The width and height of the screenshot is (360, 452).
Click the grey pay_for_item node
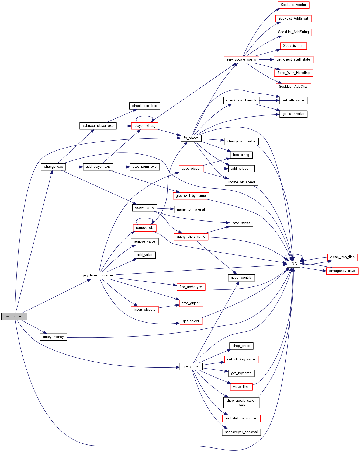point(14,316)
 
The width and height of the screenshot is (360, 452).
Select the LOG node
point(293,264)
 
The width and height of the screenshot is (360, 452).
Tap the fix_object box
point(191,138)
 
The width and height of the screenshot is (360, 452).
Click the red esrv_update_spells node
point(241,59)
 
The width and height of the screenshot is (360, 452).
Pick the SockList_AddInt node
point(293,5)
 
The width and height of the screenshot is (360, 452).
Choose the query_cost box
point(191,366)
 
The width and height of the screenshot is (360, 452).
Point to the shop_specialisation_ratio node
point(241,402)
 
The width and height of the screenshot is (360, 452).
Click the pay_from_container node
point(98,275)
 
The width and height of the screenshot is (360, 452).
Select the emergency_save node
point(342,271)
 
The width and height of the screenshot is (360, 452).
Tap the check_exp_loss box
point(144,106)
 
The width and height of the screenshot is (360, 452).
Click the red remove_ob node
point(144,228)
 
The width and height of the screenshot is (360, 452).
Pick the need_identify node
point(241,278)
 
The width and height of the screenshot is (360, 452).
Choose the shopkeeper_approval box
point(241,432)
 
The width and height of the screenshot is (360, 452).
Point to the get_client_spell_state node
point(293,59)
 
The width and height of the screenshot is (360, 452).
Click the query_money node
point(53,337)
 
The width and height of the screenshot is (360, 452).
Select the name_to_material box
point(191,209)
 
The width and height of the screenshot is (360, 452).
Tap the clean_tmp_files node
point(342,257)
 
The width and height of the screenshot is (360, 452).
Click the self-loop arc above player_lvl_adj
point(145,116)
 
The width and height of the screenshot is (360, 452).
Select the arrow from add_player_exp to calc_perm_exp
point(121,167)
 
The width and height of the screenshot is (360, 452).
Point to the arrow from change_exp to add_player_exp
point(74,167)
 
